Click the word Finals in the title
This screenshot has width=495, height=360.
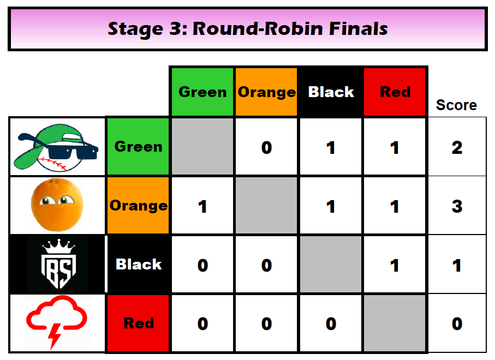(x=358, y=29)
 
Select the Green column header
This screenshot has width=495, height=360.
(x=202, y=92)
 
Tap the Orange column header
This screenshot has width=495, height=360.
(x=266, y=92)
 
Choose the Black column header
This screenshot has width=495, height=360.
(x=331, y=92)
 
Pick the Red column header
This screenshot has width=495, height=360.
(x=395, y=92)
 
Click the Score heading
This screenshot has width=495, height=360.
(x=456, y=105)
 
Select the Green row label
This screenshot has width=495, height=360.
(x=138, y=146)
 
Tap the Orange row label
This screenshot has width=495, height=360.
(x=138, y=206)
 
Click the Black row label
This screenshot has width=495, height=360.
(x=138, y=264)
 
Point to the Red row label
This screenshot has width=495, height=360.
(x=138, y=323)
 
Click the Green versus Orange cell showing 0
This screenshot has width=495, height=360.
(x=266, y=147)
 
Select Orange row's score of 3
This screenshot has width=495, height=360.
(x=457, y=206)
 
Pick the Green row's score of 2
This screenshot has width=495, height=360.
(x=457, y=147)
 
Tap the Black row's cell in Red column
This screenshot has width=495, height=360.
(x=395, y=265)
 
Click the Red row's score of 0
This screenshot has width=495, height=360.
(x=457, y=323)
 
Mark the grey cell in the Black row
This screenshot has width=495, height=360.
(x=331, y=265)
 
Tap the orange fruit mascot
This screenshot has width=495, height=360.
(x=57, y=205)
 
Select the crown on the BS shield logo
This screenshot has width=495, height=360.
(x=59, y=247)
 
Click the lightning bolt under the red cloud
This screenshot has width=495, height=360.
(x=54, y=337)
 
